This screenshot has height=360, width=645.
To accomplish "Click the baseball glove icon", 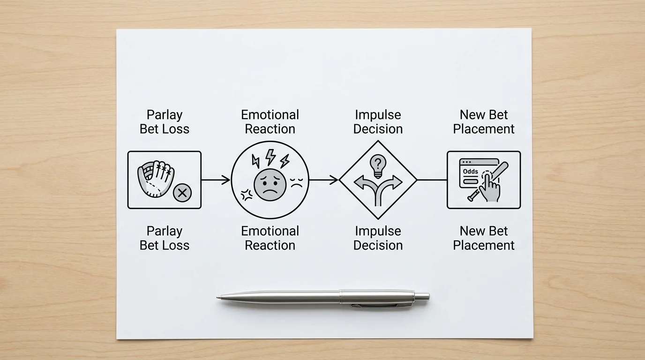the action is [x=156, y=179].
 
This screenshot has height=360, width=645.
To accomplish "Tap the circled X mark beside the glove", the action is [x=182, y=193].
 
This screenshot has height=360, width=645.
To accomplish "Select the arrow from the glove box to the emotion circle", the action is [x=216, y=180].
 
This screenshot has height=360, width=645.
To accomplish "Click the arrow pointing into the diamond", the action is [x=323, y=180].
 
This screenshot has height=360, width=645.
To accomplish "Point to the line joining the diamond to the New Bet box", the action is [x=432, y=180].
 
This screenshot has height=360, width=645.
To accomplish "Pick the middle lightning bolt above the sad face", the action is [x=270, y=157].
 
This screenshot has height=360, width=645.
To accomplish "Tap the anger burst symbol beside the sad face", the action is [x=247, y=195].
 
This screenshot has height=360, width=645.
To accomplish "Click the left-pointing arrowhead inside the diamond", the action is [x=360, y=182].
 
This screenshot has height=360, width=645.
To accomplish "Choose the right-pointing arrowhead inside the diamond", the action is [x=396, y=182].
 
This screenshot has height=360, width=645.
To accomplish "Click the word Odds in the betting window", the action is [x=471, y=172].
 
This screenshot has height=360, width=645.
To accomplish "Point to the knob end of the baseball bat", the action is [x=471, y=198].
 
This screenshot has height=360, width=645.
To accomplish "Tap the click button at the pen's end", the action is [x=423, y=296].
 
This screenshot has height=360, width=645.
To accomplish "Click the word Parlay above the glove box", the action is [x=165, y=115].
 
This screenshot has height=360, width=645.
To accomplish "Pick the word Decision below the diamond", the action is [x=378, y=245].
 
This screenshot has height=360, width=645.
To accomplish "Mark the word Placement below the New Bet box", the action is [x=484, y=245].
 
